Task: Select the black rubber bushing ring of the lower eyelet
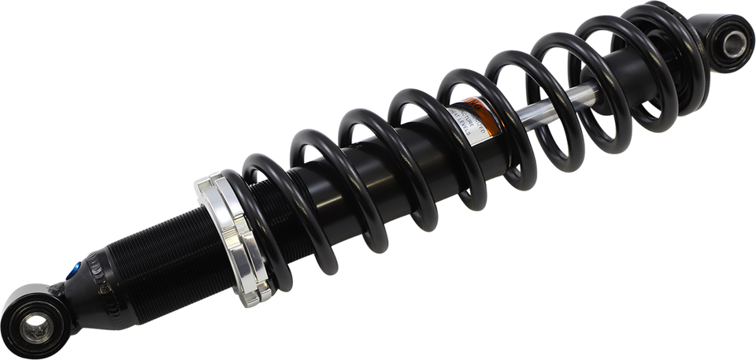[24, 315]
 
